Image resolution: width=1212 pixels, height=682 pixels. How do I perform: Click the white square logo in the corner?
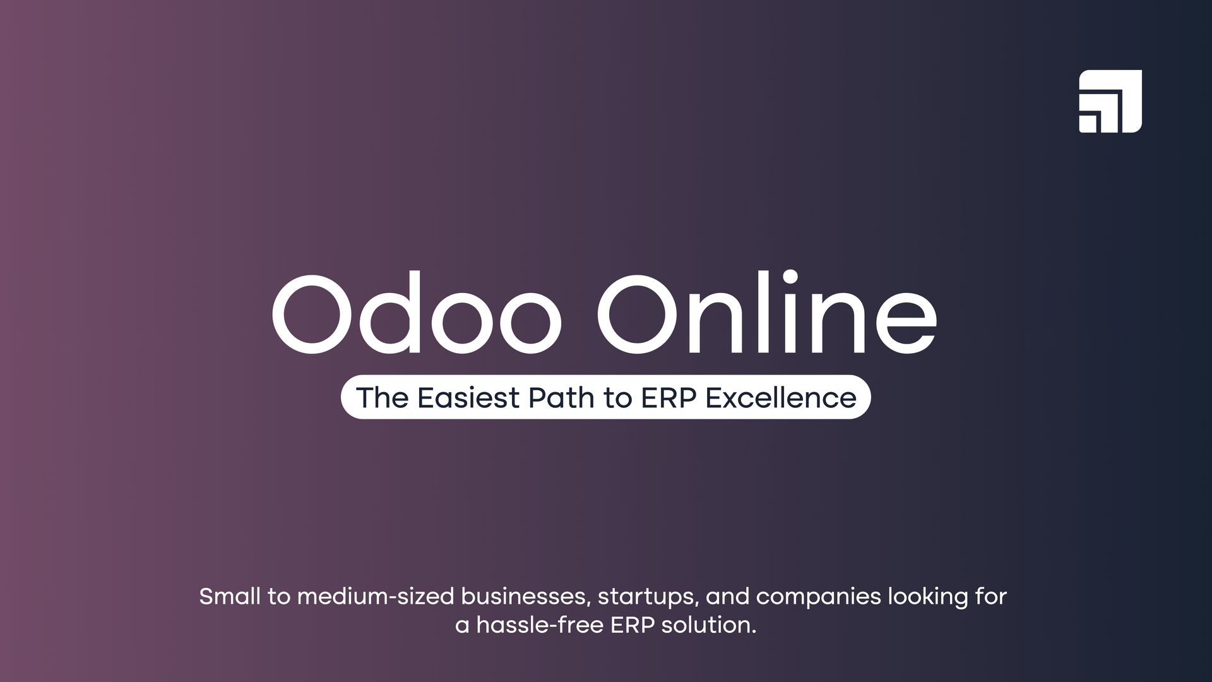pyautogui.click(x=1110, y=101)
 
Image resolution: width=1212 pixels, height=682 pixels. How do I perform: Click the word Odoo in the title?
pyautogui.click(x=417, y=314)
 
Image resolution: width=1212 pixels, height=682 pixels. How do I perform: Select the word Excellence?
pyautogui.click(x=781, y=398)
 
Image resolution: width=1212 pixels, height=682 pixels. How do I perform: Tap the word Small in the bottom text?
pyautogui.click(x=229, y=596)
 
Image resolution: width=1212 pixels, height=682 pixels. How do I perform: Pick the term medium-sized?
pyautogui.click(x=376, y=597)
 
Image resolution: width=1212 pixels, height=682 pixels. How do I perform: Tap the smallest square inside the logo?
pyautogui.click(x=1087, y=124)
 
